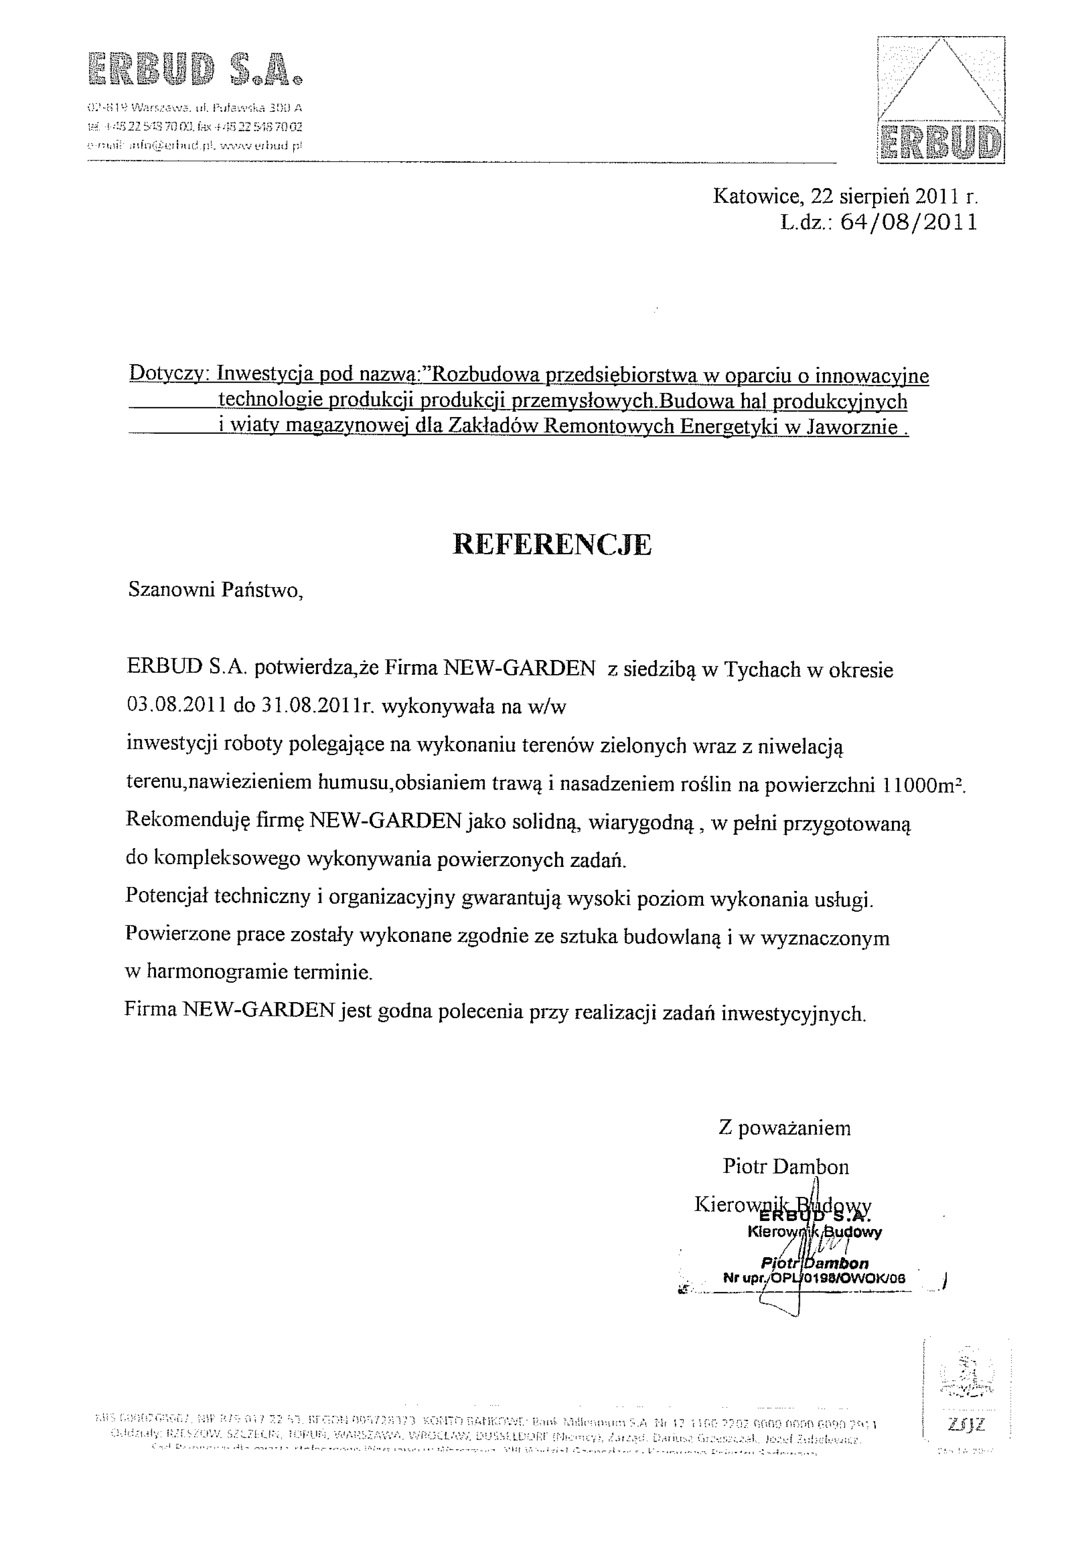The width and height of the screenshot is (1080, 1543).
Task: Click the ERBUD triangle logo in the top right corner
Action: pos(941,100)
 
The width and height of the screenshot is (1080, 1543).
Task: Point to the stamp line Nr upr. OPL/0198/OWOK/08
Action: pos(815,1279)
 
